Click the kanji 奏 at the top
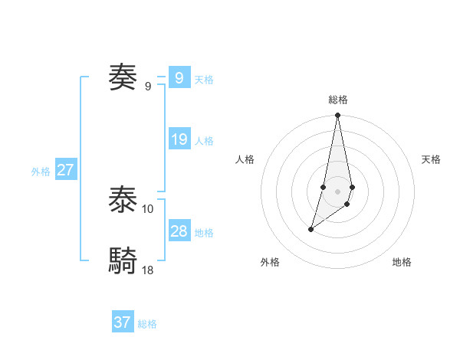123,77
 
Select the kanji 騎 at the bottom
123,261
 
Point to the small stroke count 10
148,208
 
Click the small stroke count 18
148,270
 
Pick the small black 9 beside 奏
148,86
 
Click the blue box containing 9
179,77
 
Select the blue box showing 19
179,139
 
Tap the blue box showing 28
179,231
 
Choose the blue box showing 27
65,170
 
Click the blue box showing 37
123,322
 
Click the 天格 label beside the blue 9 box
204,80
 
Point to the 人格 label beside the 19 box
204,141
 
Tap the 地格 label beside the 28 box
204,233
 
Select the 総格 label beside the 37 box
147,324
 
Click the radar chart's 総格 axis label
338,100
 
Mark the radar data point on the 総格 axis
338,116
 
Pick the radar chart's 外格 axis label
270,262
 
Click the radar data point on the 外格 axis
311,229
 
